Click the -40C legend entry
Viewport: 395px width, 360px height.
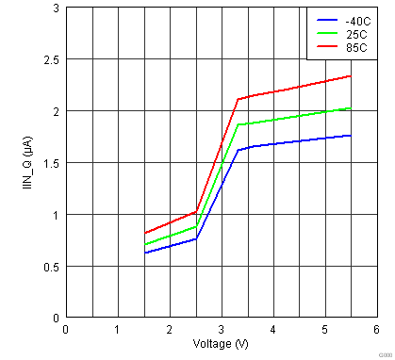click(354, 19)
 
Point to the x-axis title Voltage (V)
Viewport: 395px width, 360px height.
click(221, 343)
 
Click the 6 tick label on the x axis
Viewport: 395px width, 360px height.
click(375, 329)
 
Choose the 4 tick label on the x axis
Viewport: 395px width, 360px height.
click(272, 329)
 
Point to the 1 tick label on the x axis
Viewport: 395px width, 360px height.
click(117, 329)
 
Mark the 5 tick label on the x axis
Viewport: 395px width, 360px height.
click(324, 329)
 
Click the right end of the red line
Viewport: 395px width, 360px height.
click(351, 76)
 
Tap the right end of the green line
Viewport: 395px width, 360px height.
click(351, 108)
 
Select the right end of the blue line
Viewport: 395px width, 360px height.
click(351, 136)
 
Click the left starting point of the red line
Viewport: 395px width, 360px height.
click(144, 233)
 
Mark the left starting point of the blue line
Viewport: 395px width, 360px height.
click(144, 254)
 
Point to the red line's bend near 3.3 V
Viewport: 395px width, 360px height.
click(237, 99)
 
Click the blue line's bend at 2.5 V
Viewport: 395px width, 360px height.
click(195, 239)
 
